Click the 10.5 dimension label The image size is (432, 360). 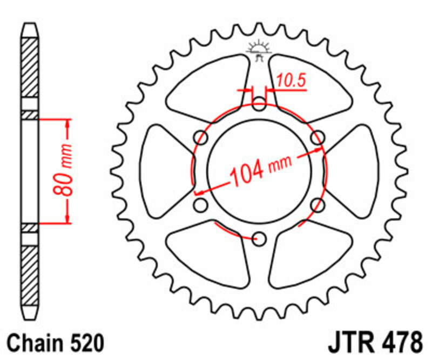click(x=292, y=81)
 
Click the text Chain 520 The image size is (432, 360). click(x=54, y=344)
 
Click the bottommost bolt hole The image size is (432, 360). click(x=260, y=238)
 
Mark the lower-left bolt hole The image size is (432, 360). click(x=201, y=204)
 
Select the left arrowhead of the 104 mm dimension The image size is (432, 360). click(x=199, y=192)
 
